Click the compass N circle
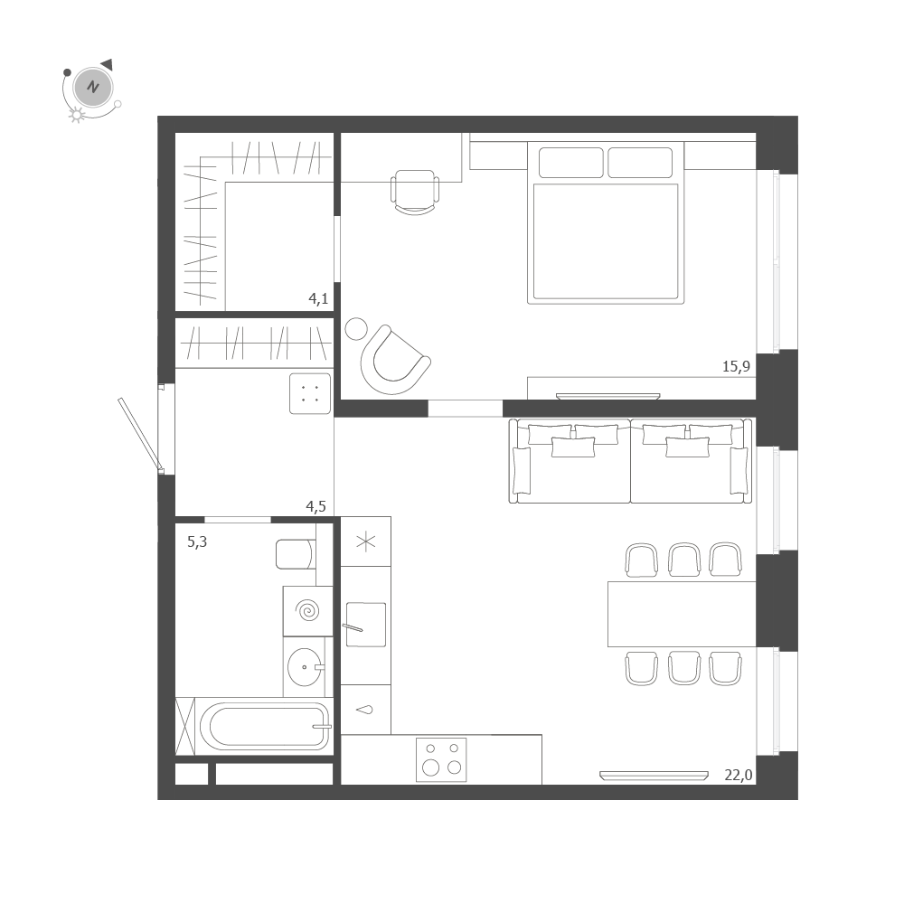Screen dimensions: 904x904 click(91, 88)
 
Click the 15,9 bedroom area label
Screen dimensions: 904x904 click(737, 366)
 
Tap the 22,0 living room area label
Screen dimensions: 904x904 click(739, 774)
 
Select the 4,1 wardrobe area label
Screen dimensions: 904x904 click(317, 299)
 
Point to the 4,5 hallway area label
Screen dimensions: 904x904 click(315, 506)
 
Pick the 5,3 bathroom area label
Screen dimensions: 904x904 click(196, 542)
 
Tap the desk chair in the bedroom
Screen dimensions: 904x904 click(415, 191)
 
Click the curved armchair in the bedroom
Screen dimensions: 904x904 click(393, 361)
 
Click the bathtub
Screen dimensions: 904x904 click(264, 726)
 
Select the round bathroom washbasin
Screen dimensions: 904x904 click(306, 668)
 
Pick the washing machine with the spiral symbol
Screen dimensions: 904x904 click(307, 611)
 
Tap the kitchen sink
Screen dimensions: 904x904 click(365, 625)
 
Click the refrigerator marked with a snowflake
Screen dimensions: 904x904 click(365, 541)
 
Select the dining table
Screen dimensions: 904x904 click(682, 614)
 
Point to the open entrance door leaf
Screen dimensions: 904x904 click(139, 434)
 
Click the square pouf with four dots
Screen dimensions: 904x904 click(310, 393)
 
